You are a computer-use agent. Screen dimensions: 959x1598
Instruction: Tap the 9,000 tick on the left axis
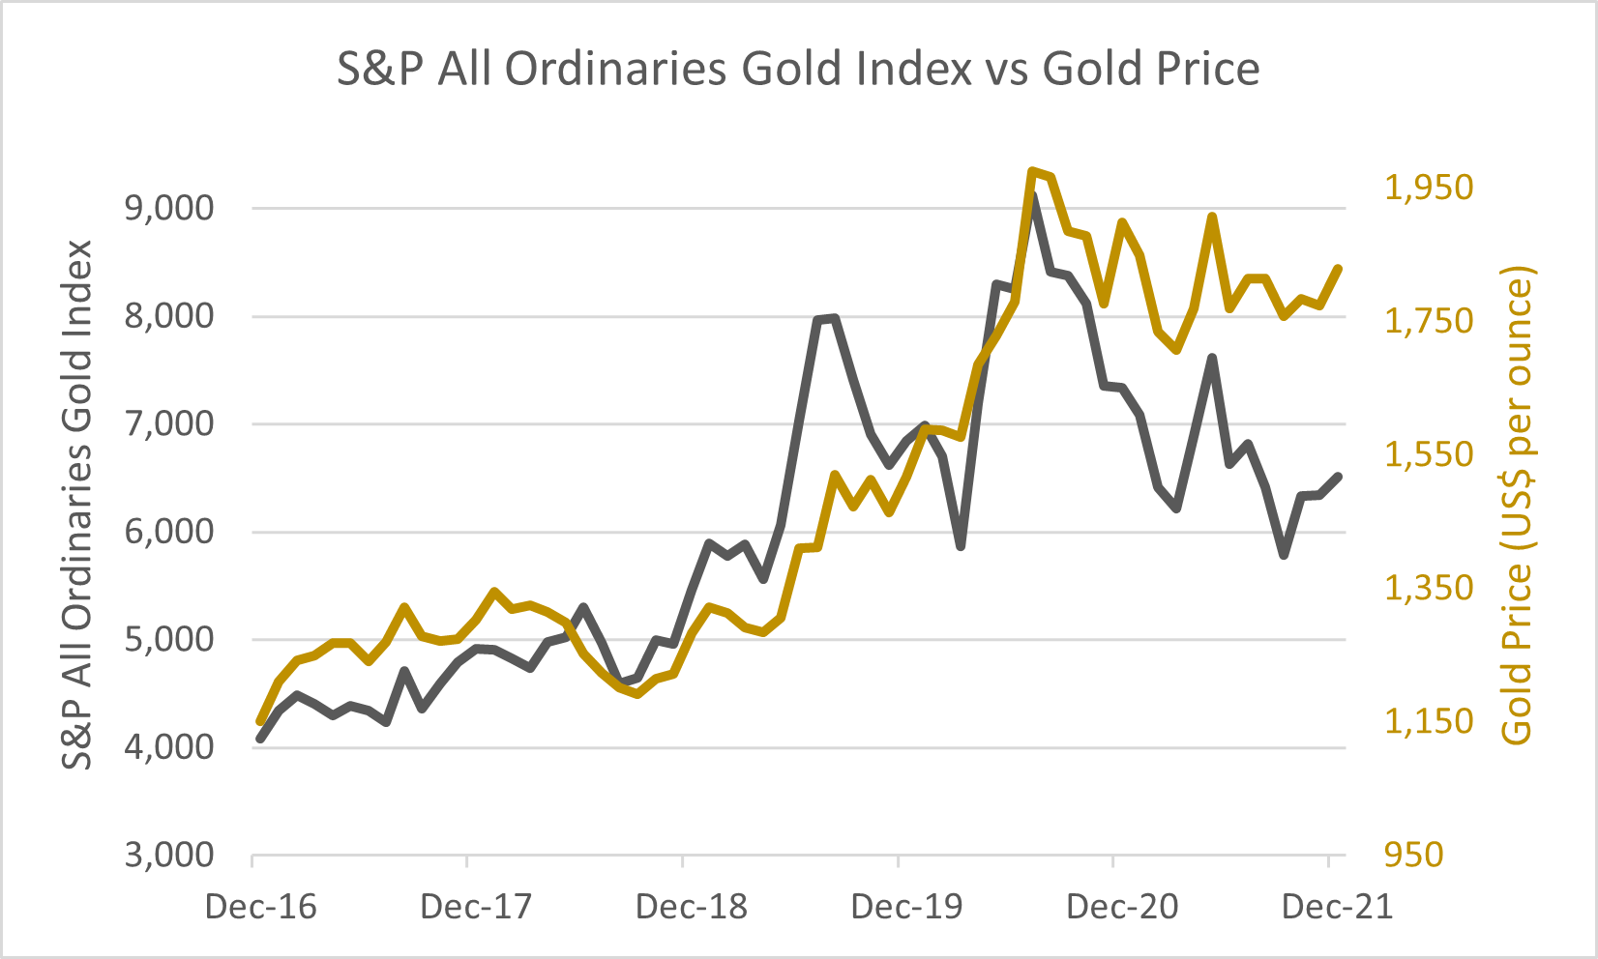169,209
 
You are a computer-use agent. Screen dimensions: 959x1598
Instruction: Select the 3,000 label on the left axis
169,856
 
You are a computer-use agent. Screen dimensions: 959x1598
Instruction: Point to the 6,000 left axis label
169,532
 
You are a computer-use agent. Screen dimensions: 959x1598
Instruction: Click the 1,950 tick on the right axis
1429,188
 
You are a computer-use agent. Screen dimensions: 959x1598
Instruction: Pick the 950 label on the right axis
1413,856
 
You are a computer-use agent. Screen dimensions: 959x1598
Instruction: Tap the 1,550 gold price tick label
1429,454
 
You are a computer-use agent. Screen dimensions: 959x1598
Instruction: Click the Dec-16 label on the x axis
261,907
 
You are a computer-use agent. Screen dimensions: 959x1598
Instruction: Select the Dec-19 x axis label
907,907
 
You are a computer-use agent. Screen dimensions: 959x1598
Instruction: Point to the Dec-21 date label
1338,907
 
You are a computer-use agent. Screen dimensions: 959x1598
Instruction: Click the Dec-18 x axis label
692,907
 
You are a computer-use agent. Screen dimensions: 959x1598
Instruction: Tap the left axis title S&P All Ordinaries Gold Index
77,505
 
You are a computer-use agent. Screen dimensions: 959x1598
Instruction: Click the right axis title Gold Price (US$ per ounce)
1518,505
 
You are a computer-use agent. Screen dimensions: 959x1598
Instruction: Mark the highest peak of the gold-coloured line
1033,171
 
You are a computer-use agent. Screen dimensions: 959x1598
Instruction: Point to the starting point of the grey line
259,740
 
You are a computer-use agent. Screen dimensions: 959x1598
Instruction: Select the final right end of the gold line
1339,268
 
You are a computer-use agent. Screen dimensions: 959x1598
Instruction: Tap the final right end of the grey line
1339,476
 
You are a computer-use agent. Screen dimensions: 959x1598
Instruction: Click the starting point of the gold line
259,721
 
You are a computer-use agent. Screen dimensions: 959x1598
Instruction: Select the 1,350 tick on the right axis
1429,588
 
